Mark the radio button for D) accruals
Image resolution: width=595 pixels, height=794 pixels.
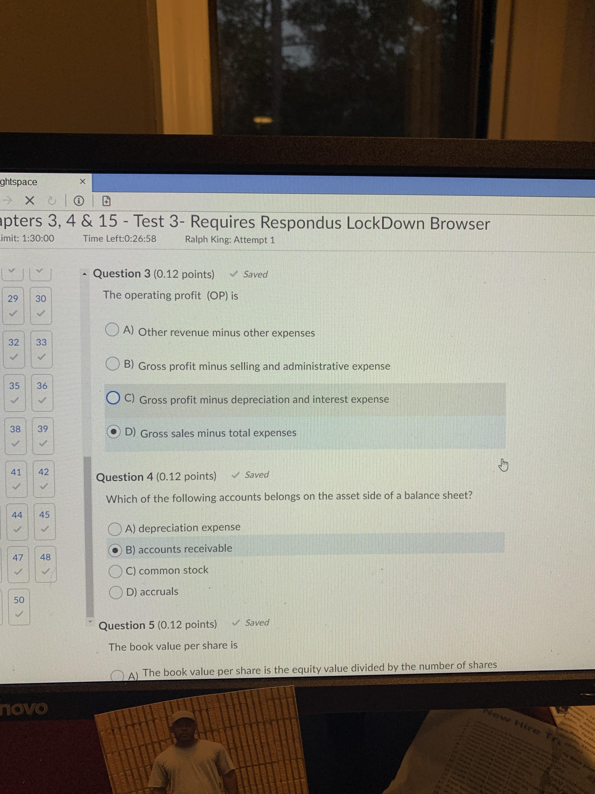pyautogui.click(x=116, y=592)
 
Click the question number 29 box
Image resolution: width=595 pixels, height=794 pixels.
pyautogui.click(x=13, y=305)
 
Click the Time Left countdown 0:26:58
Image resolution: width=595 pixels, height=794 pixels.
pyautogui.click(x=120, y=239)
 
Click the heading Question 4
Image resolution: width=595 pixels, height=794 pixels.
pyautogui.click(x=125, y=477)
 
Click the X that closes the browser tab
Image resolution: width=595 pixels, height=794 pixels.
pyautogui.click(x=82, y=181)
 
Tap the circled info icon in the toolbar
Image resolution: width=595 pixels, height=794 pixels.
pyautogui.click(x=79, y=201)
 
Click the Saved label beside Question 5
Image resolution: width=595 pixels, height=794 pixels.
pyautogui.click(x=257, y=623)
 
